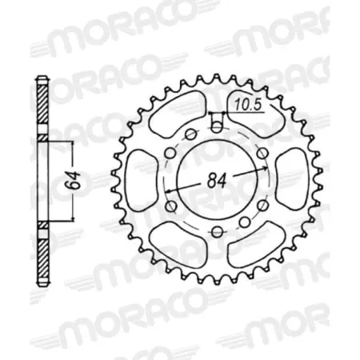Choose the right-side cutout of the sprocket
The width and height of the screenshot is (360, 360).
tap(290, 177)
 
